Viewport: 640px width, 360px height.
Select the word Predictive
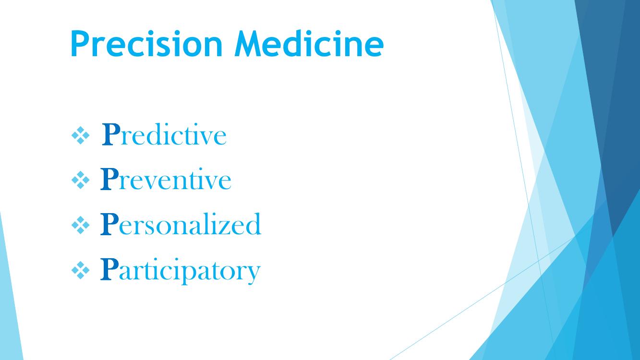(x=164, y=134)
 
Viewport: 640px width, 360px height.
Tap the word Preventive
(x=166, y=179)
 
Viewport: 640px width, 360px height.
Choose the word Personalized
(x=181, y=224)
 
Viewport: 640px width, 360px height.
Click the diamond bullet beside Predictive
(x=80, y=135)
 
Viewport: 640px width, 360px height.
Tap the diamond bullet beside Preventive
(x=80, y=180)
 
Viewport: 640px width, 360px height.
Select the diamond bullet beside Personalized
(x=80, y=225)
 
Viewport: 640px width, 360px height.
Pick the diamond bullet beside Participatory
(x=80, y=270)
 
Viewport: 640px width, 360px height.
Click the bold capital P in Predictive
(x=111, y=134)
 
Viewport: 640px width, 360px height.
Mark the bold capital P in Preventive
(x=109, y=179)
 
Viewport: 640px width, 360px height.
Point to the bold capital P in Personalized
(x=109, y=224)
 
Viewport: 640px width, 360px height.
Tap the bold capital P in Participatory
(x=109, y=269)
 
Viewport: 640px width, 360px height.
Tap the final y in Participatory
(x=253, y=276)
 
